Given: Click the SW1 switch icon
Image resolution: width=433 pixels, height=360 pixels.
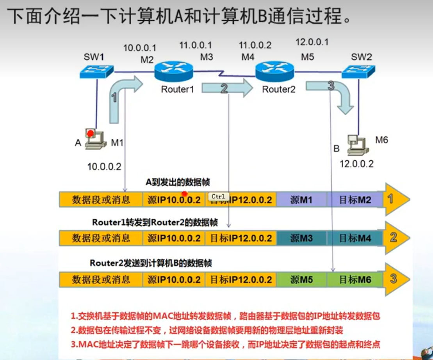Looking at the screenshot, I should click(x=96, y=72).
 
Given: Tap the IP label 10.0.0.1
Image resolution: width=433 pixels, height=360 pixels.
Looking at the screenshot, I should click(x=140, y=48).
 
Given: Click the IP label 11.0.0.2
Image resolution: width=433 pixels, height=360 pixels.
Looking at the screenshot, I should click(x=255, y=45).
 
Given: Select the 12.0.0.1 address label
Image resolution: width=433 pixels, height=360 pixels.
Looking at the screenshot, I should click(x=312, y=42).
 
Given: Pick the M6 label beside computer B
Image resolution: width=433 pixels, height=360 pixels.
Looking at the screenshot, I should click(x=381, y=140).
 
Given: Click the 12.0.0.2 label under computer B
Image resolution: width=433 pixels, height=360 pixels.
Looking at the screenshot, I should click(x=356, y=164).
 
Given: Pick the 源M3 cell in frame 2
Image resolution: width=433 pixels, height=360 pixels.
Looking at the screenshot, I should click(x=301, y=238).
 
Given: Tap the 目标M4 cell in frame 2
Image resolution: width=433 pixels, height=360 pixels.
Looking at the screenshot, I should click(x=355, y=238).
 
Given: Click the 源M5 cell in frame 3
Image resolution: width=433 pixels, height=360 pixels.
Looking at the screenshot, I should click(x=301, y=279).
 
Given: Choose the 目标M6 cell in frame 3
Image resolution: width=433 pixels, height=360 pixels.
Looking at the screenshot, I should click(x=355, y=279).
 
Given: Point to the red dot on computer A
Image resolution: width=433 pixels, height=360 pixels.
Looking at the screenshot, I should click(x=90, y=133).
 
